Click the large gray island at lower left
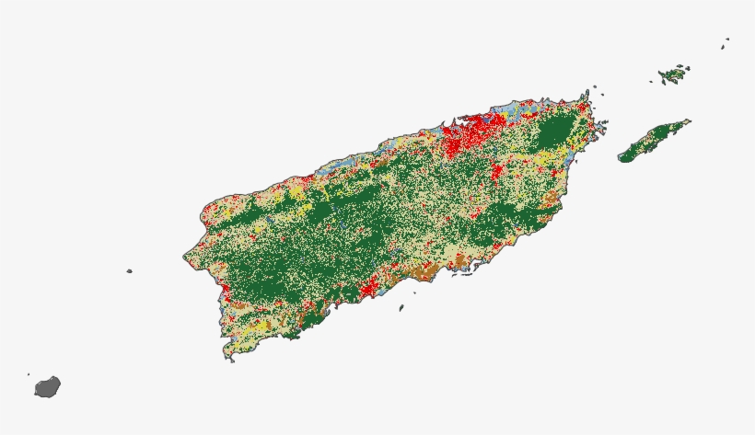tap(48, 386)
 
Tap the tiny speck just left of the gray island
tap(29, 374)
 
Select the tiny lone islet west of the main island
tap(129, 271)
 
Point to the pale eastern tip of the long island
tap(686, 121)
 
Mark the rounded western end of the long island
tap(624, 157)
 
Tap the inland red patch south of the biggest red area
tap(495, 171)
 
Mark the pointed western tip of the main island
tap(184, 257)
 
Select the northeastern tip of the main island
tap(586, 92)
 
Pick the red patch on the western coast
tap(225, 294)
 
